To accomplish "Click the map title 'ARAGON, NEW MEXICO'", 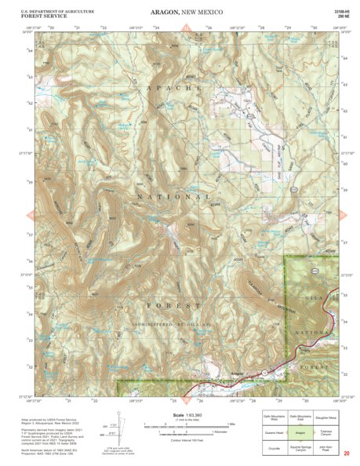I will click(180, 13).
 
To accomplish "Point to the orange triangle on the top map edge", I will click(186, 30).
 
